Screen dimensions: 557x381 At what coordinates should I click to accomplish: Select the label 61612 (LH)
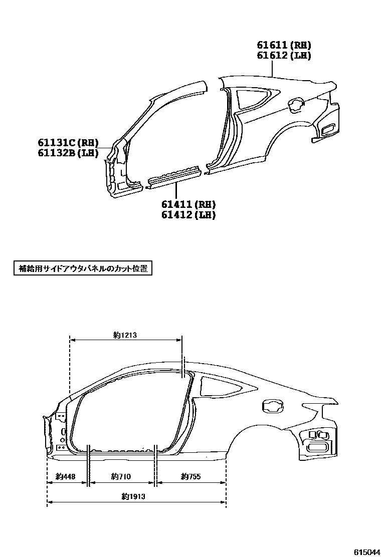click(284, 56)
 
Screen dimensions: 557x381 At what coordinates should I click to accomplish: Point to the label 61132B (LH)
click(68, 153)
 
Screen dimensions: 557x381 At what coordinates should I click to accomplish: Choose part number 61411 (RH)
click(188, 204)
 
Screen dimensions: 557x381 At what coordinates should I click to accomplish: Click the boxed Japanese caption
click(82, 268)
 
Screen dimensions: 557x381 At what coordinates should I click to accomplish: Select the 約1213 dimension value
click(125, 336)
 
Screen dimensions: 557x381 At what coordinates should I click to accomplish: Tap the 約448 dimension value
click(66, 476)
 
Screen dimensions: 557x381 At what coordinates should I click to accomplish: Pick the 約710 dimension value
click(122, 476)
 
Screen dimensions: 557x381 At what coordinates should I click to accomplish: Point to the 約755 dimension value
click(191, 476)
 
